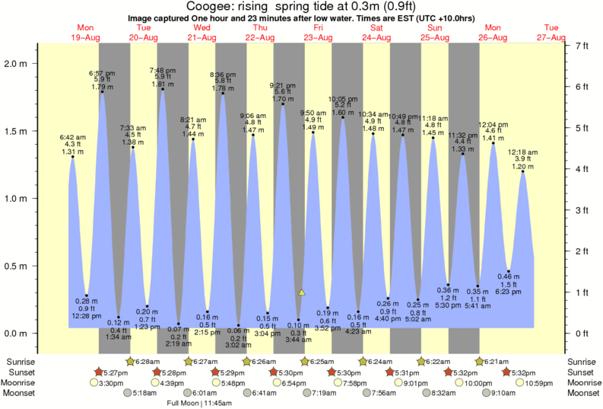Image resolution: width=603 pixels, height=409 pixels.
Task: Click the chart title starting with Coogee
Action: (301, 6)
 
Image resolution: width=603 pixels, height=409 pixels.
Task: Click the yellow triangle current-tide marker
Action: (302, 292)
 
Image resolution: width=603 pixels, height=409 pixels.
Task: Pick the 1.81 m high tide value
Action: (163, 85)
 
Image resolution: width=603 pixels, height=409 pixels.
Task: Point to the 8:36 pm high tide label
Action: (222, 74)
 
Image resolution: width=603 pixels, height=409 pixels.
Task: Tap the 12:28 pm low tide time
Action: (87, 316)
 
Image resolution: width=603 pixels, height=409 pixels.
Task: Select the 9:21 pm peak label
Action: (283, 85)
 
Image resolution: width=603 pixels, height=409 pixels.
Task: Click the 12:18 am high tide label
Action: (522, 153)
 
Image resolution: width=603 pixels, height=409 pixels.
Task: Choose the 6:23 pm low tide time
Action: (508, 292)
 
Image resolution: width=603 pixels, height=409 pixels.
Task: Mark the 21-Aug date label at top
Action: (202, 37)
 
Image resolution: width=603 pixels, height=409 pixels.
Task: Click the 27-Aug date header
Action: (551, 37)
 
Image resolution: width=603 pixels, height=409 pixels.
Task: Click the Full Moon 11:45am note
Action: (202, 403)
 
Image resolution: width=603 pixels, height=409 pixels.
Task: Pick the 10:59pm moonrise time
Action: (536, 382)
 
